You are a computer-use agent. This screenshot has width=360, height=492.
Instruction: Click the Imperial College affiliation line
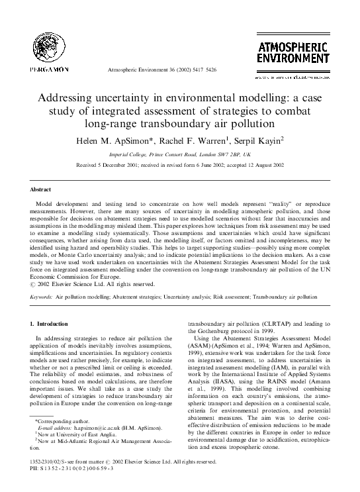point(180,153)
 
